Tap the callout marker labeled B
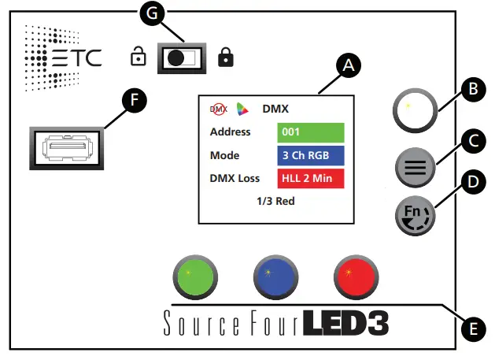471,89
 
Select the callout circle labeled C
471,141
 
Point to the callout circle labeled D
471,184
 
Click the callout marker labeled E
471,326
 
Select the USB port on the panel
67,147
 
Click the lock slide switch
181,58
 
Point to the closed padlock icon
226,57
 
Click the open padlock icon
138,57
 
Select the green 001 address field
311,132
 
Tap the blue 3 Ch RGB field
311,155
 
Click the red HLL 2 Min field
311,178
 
